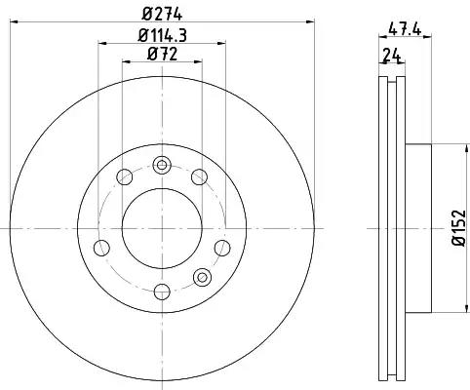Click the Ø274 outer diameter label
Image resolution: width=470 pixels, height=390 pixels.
pyautogui.click(x=162, y=14)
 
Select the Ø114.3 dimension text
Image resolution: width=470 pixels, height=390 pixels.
pyautogui.click(x=162, y=35)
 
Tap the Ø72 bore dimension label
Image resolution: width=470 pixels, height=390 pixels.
pyautogui.click(x=162, y=54)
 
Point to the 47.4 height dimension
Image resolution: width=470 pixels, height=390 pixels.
pyautogui.click(x=405, y=29)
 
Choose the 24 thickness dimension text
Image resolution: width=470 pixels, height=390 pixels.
pyautogui.click(x=391, y=55)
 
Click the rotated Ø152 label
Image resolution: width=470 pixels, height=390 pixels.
pyautogui.click(x=458, y=228)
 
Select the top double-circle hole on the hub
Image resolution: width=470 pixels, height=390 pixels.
pyautogui.click(x=162, y=165)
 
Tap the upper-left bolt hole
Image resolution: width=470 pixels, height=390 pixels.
pyautogui.click(x=125, y=177)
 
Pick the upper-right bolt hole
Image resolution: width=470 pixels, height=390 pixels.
pyautogui.click(x=199, y=177)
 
